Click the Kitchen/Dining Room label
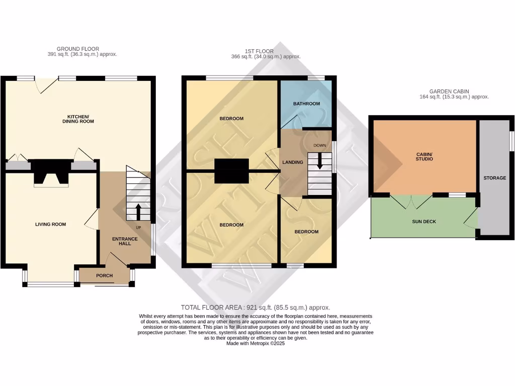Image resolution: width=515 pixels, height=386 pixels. [x=78, y=119]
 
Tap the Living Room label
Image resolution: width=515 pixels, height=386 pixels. [x=50, y=224]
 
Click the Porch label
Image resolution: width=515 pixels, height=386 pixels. [x=105, y=275]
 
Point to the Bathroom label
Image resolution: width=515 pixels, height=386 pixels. [x=306, y=104]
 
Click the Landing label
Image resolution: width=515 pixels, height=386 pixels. [x=293, y=162]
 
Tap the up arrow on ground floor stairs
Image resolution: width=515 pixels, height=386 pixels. [x=138, y=211]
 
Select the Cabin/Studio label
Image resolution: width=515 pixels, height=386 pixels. [x=424, y=156]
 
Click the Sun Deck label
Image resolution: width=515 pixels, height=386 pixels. [x=424, y=221]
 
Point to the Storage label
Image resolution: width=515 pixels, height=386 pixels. [x=495, y=178]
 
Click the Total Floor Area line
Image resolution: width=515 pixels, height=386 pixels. [x=255, y=307]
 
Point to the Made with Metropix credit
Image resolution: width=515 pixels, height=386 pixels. [x=255, y=343]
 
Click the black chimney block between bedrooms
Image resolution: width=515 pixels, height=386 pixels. [x=232, y=171]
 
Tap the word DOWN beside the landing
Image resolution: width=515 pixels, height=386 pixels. [x=320, y=145]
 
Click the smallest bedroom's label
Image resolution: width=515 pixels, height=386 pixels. [x=306, y=232]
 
